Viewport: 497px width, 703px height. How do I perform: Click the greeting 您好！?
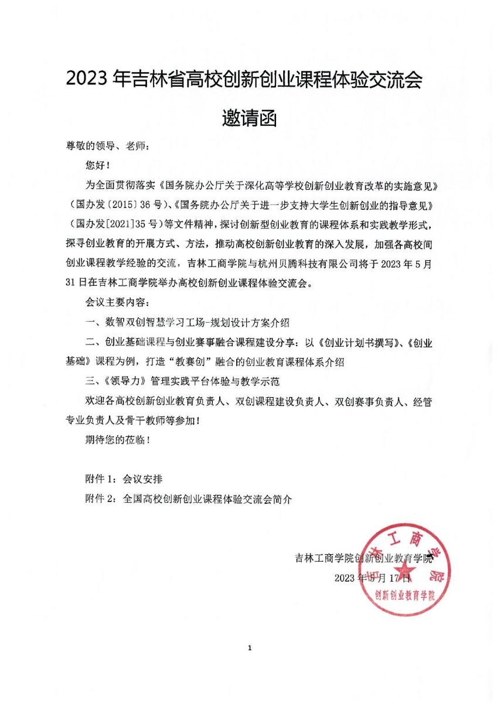[97, 166]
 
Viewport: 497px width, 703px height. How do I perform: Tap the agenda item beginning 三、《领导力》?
[182, 381]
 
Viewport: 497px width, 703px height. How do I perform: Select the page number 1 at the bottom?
[249, 648]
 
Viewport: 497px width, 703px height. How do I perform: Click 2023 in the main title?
[88, 80]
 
